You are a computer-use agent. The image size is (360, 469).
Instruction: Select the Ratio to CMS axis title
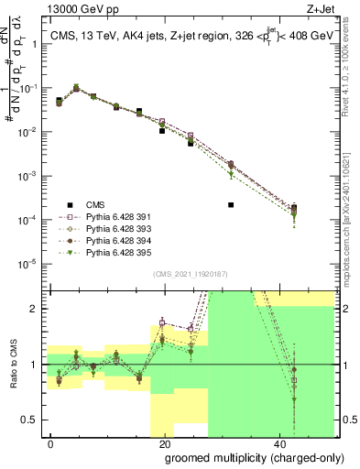tap(16, 365)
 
